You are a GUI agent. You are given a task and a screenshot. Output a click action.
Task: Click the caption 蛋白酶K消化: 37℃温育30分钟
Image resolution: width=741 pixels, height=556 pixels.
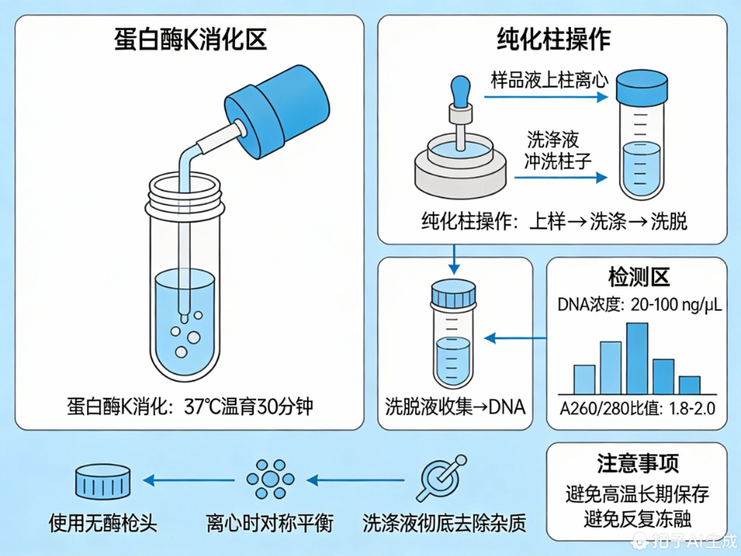(x=190, y=408)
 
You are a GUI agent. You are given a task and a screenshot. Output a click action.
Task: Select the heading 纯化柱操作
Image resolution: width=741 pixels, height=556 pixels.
(x=553, y=39)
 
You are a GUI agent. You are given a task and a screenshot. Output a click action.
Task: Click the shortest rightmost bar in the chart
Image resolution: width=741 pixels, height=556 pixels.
(x=690, y=384)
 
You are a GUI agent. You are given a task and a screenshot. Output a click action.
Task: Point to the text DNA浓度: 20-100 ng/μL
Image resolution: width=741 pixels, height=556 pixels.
(x=639, y=304)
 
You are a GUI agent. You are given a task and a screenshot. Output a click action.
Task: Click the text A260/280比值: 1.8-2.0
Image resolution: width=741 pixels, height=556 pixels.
(x=637, y=409)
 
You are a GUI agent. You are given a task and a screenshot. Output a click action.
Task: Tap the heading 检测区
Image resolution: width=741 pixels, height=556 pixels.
(x=638, y=278)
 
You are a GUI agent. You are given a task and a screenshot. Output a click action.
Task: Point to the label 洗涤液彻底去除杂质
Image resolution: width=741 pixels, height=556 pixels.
(x=444, y=523)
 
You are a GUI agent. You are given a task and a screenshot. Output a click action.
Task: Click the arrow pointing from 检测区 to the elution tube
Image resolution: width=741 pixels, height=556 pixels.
(x=514, y=339)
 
